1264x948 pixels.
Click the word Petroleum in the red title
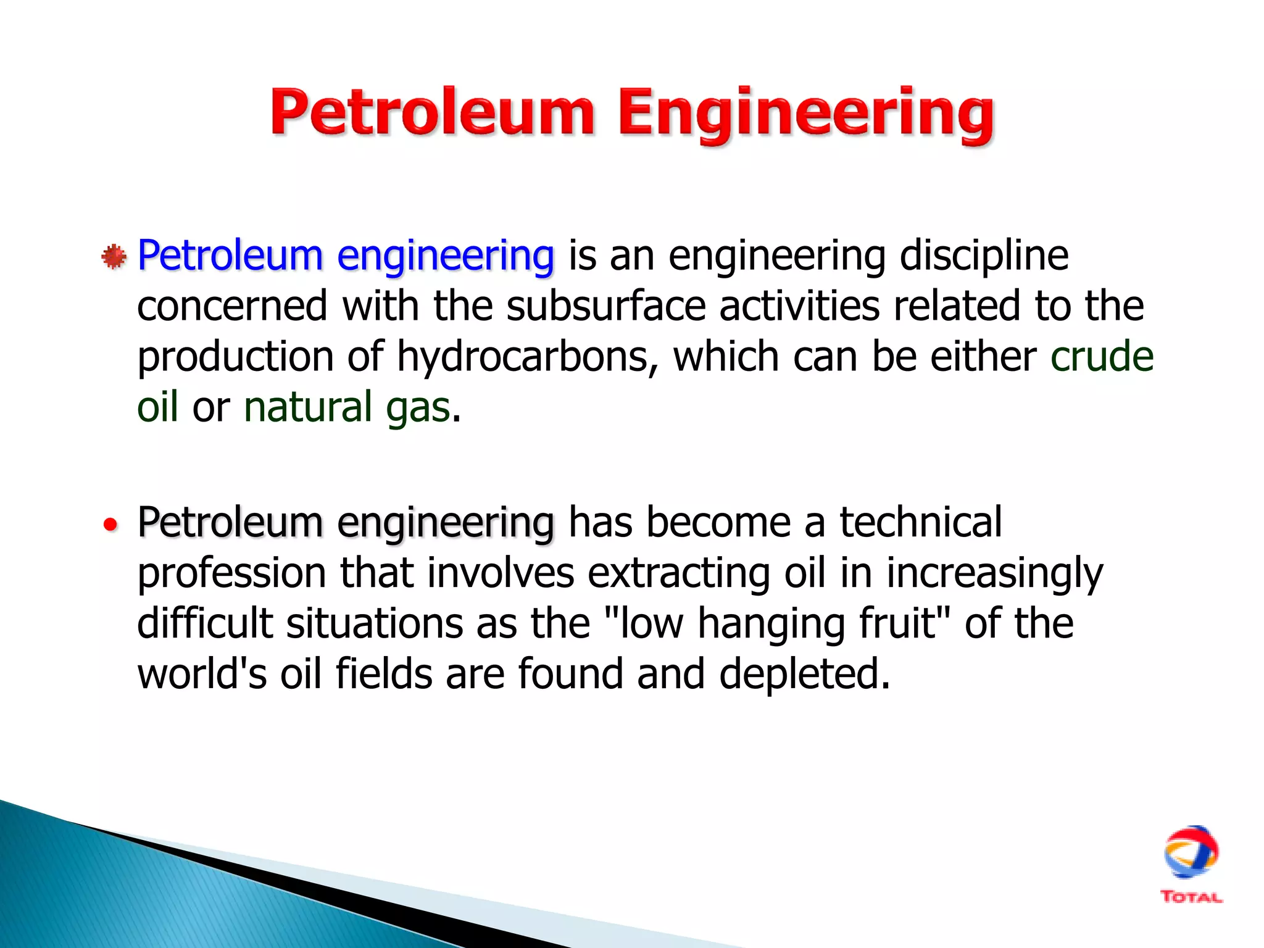click(x=432, y=112)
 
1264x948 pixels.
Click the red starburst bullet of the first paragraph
click(x=114, y=257)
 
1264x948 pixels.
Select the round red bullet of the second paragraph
click(x=110, y=525)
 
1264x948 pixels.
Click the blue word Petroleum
click(x=230, y=255)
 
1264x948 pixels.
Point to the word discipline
click(x=984, y=255)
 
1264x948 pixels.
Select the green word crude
click(x=1102, y=357)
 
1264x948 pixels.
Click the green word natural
click(x=308, y=407)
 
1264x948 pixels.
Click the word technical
click(x=920, y=522)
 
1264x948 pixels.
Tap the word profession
click(x=231, y=574)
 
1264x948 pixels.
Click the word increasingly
click(x=994, y=574)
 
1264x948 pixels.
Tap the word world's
click(x=202, y=673)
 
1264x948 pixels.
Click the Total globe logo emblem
click(x=1191, y=852)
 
